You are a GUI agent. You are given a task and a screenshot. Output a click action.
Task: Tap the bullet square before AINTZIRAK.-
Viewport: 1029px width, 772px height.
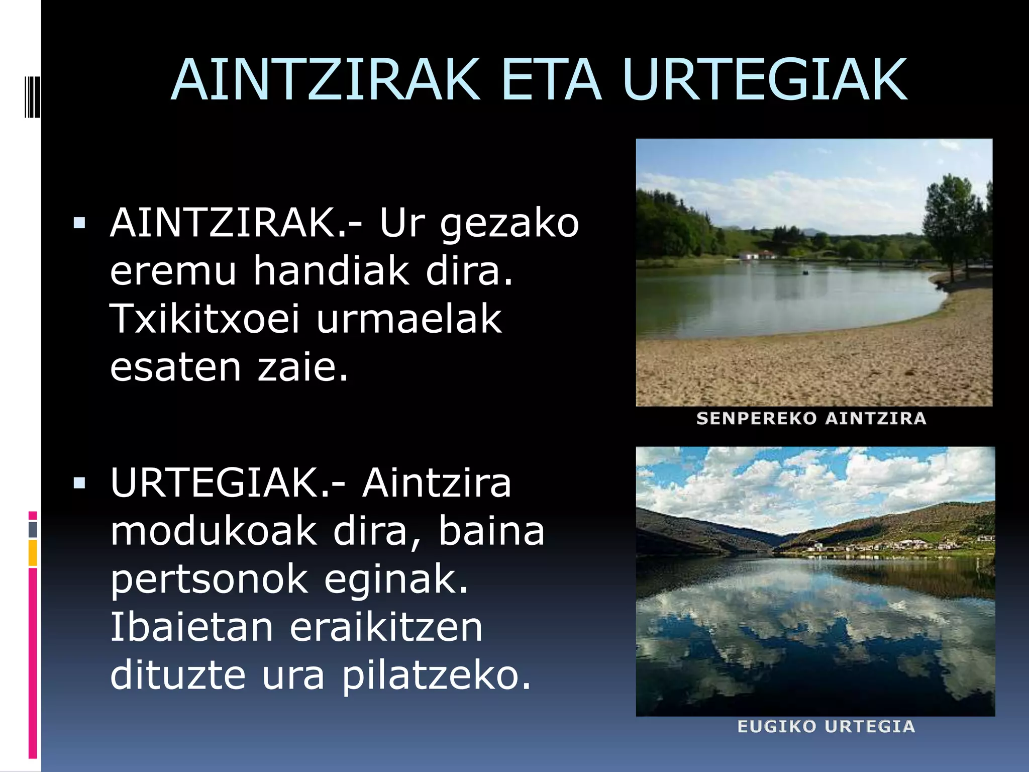[x=79, y=223]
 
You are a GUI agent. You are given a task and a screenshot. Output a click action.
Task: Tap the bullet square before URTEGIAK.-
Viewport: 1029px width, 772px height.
[x=79, y=483]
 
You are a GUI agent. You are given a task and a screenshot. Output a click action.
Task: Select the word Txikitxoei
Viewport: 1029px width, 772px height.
[x=204, y=319]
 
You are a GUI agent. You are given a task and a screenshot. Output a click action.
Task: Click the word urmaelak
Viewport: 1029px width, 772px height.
[x=409, y=319]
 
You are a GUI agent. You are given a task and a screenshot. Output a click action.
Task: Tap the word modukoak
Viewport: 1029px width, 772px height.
[x=214, y=532]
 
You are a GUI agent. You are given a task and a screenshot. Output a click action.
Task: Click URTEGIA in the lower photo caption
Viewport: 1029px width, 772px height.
[x=870, y=726]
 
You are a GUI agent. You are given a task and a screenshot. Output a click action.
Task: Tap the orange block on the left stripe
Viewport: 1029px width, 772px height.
[x=33, y=553]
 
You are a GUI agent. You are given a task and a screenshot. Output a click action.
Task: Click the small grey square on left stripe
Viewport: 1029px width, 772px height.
[x=33, y=529]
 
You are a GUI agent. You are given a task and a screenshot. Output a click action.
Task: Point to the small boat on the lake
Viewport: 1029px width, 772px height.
[x=805, y=272]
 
